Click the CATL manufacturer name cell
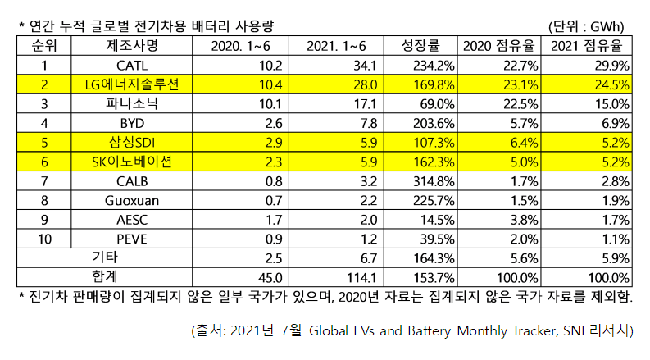132,64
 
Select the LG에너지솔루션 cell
132,83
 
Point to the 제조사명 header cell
132,44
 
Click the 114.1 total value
336,276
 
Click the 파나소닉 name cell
132,103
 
